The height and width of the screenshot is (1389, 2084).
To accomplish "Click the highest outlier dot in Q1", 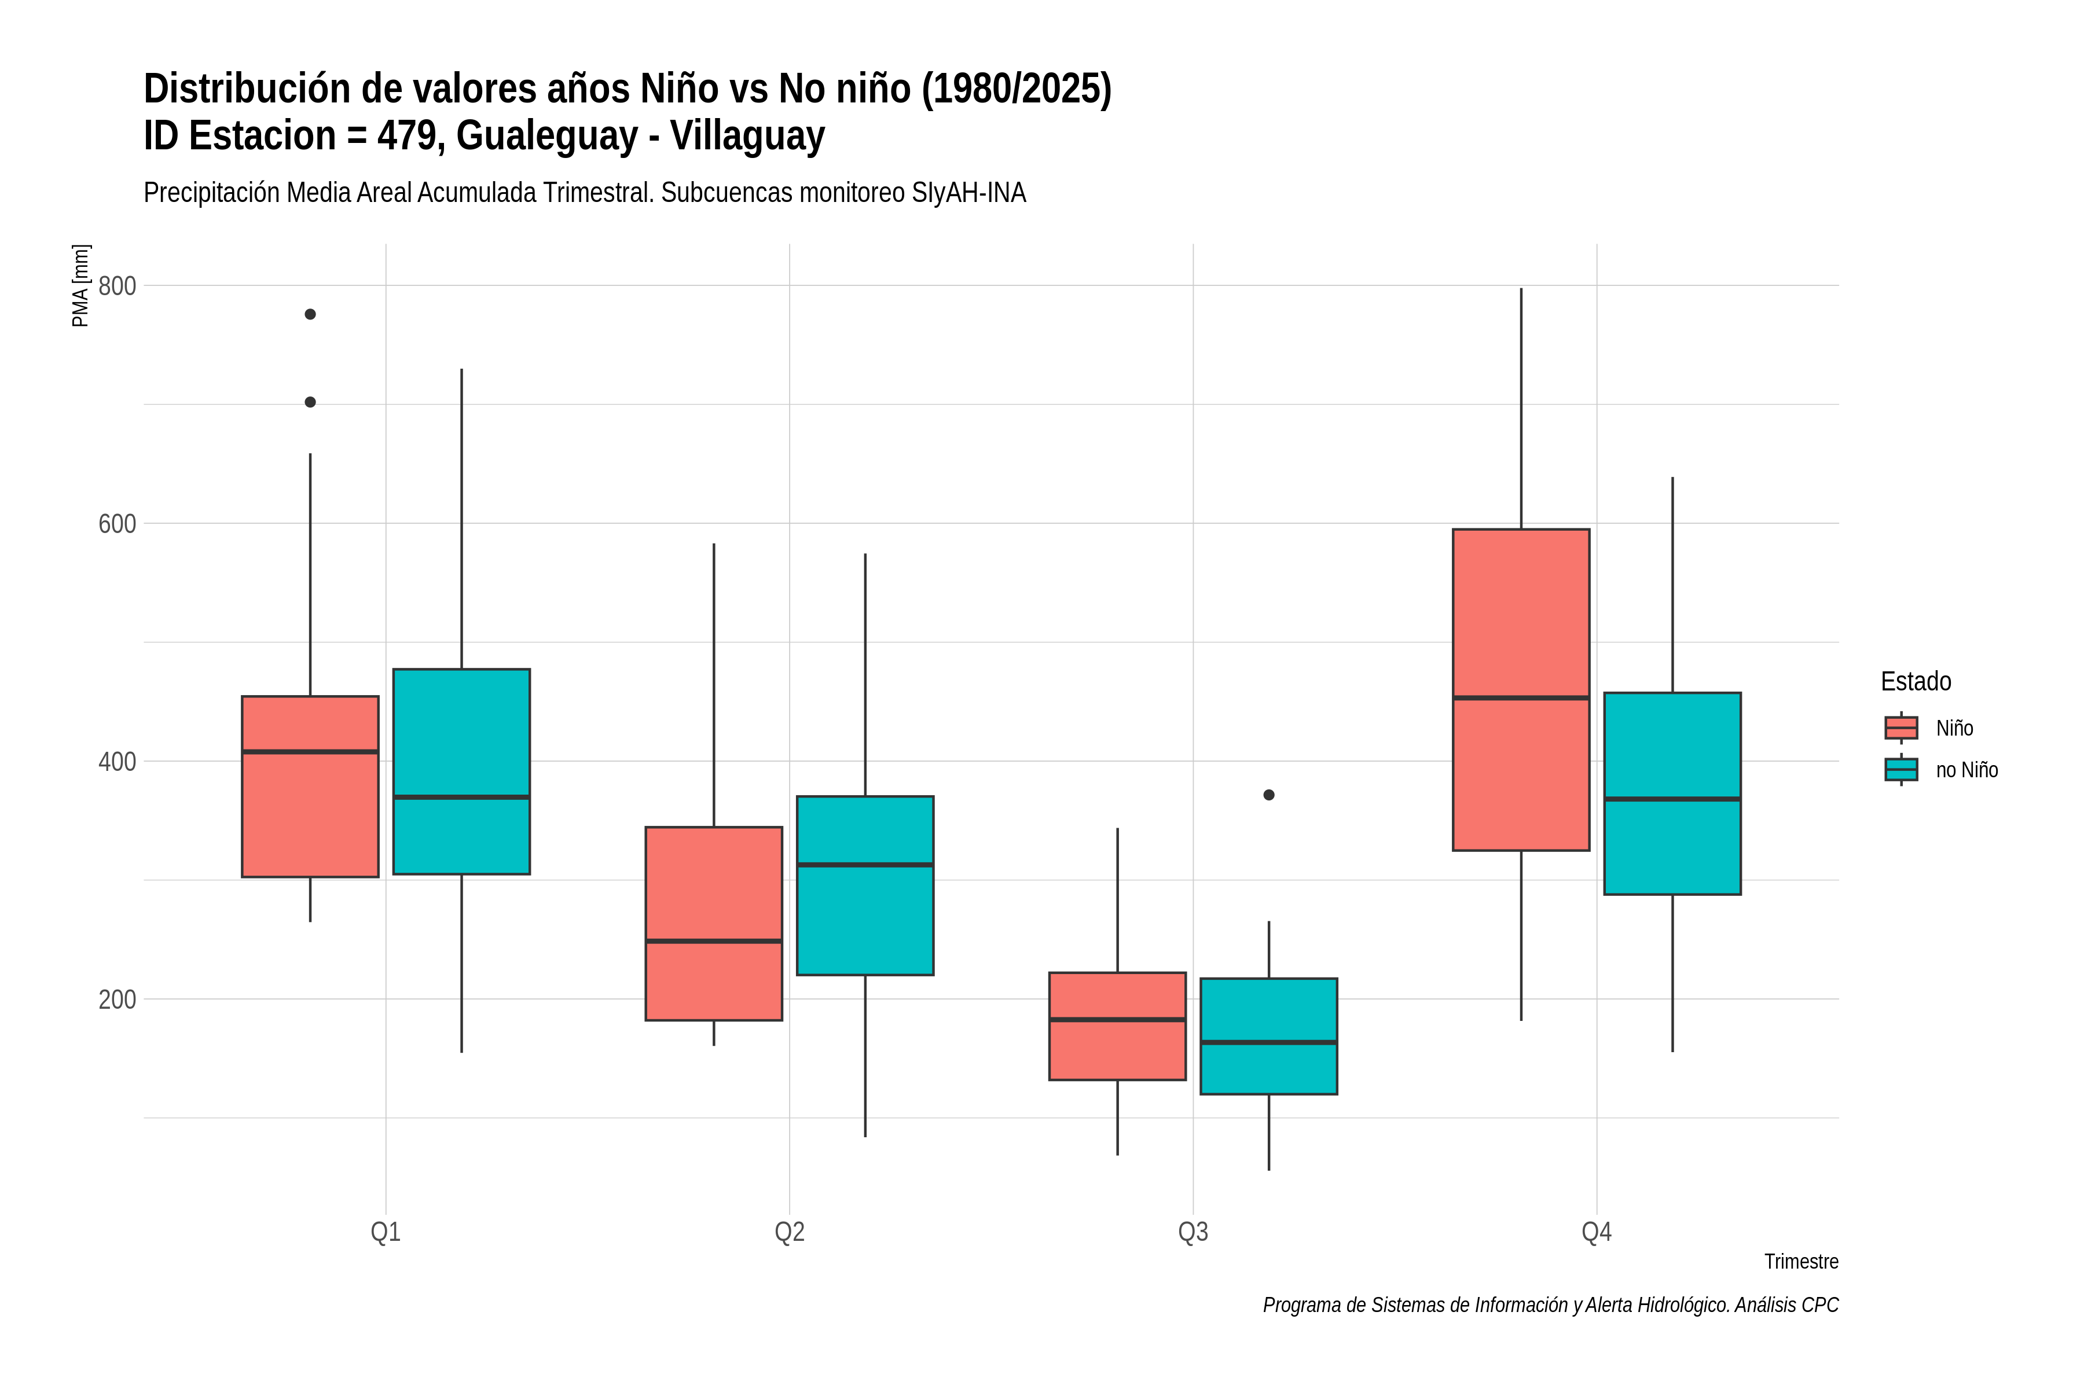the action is pos(310,314).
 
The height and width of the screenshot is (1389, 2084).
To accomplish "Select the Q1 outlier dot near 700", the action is pos(310,402).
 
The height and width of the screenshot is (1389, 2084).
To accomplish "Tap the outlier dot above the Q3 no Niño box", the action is pos(1269,795).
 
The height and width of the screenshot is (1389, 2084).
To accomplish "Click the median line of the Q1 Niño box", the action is pos(310,752).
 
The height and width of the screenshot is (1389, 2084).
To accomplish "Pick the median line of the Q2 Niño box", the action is pos(714,941).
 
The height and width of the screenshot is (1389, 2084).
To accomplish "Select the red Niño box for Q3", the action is pos(1117,1026).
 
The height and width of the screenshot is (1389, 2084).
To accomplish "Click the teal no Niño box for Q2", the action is pos(865,886).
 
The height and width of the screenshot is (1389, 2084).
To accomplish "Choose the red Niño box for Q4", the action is pos(1521,690).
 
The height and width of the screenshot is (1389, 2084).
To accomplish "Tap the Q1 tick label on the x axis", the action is pos(386,1232).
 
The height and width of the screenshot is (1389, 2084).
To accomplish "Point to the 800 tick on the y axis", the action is pos(117,285).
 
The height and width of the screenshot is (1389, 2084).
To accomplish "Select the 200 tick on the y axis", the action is pos(117,1000).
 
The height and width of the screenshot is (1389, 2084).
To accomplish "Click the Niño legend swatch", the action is pos(1902,727).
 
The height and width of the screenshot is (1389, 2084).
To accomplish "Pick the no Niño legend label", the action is pos(1967,770).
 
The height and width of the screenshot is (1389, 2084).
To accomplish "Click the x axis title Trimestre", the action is pos(1802,1262).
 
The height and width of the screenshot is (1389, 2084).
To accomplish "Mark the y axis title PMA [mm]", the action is pos(80,285).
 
